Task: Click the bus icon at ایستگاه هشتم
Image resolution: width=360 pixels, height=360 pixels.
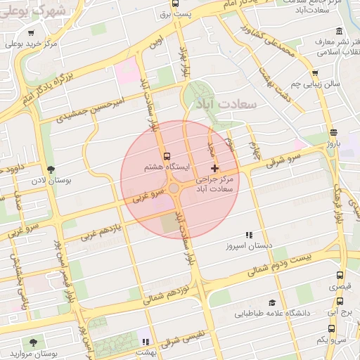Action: pos(167,156)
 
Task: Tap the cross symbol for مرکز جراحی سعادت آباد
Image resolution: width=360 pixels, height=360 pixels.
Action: pos(214,168)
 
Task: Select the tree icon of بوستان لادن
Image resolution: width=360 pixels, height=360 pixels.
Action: pos(51,169)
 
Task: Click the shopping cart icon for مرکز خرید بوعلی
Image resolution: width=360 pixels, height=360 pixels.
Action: pos(31,33)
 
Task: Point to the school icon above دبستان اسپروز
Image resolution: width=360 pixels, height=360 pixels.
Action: pos(247,235)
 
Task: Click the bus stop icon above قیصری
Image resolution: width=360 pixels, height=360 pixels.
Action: pos(340,276)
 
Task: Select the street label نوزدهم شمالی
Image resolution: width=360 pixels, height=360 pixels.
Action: pos(169,290)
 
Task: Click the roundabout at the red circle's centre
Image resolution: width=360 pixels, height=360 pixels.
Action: pos(174,188)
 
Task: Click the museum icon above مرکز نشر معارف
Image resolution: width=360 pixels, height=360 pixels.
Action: pos(340,32)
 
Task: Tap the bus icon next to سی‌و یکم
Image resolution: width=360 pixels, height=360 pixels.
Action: pos(331,328)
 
